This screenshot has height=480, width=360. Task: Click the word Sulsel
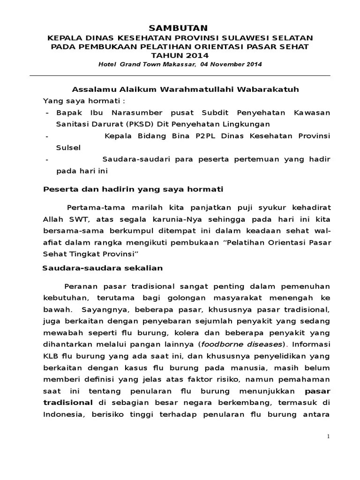click(x=68, y=147)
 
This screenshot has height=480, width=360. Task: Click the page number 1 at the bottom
click(x=329, y=436)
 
